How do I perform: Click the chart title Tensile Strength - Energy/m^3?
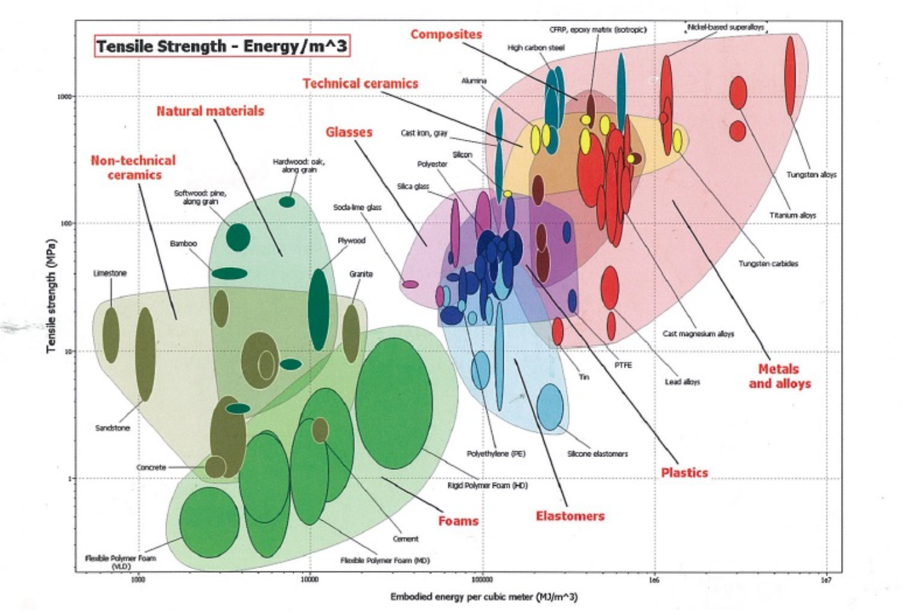pyautogui.click(x=222, y=46)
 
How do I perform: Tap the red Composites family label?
pyautogui.click(x=446, y=34)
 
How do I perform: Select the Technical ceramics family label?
pyautogui.click(x=360, y=83)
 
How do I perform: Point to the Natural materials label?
pyautogui.click(x=210, y=111)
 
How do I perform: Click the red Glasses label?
pyautogui.click(x=349, y=132)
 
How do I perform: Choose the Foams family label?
pyautogui.click(x=458, y=521)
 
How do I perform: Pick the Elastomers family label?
pyautogui.click(x=570, y=516)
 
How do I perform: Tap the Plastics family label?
pyautogui.click(x=684, y=473)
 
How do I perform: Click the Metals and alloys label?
pyautogui.click(x=779, y=376)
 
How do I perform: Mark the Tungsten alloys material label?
pyautogui.click(x=811, y=175)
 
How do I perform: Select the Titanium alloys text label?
pyautogui.click(x=792, y=215)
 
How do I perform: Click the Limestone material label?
pyautogui.click(x=110, y=273)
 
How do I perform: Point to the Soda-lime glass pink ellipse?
pyautogui.click(x=410, y=284)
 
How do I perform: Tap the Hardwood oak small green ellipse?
pyautogui.click(x=287, y=202)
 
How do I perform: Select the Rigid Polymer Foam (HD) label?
pyautogui.click(x=487, y=486)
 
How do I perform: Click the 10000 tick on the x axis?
pyautogui.click(x=309, y=579)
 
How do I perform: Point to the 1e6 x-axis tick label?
pyautogui.click(x=654, y=579)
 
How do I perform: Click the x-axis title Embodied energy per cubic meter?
pyautogui.click(x=484, y=597)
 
